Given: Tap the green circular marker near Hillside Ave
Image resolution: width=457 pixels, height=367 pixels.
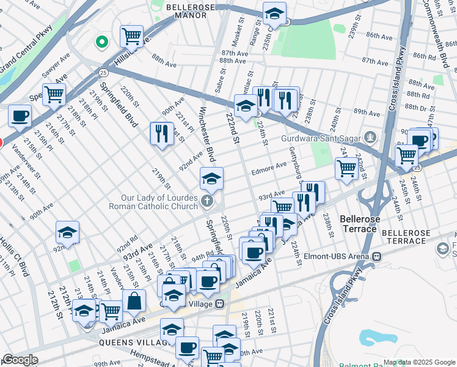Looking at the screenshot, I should tap(102, 42).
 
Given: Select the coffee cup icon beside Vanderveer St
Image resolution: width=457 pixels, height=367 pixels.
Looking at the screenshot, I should tap(20, 116).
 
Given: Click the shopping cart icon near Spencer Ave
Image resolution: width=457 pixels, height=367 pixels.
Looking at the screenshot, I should tap(54, 94).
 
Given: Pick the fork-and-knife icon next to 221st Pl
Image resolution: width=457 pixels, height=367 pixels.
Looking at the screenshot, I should tap(161, 133).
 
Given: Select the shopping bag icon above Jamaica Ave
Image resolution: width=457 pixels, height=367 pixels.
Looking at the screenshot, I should tap(134, 301).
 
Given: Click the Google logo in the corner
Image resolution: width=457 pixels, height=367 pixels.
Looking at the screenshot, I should tap(20, 360).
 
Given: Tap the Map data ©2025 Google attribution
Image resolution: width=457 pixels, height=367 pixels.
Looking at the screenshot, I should tap(419, 362).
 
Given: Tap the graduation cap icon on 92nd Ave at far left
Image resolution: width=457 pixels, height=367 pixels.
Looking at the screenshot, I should tap(67, 232).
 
